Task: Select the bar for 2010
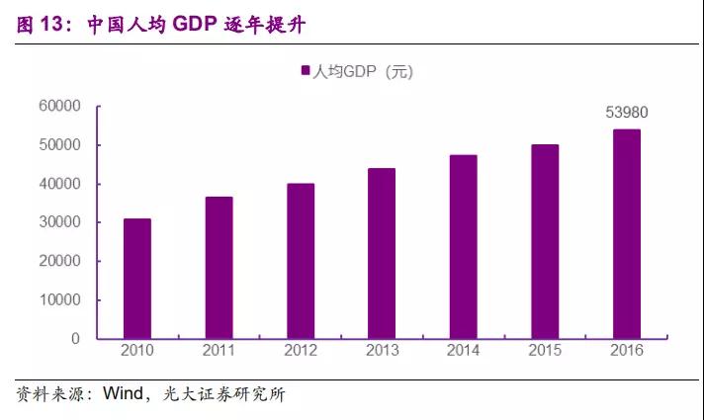click(x=137, y=279)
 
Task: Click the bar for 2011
click(x=220, y=268)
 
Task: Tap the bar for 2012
click(x=301, y=261)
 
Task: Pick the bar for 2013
click(x=382, y=254)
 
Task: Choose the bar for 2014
click(x=464, y=247)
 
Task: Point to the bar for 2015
click(x=545, y=242)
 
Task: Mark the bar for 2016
click(x=627, y=234)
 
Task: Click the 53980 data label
click(x=627, y=113)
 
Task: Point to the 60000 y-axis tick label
click(x=59, y=107)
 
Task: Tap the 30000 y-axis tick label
click(x=59, y=222)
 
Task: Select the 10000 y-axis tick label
click(x=59, y=300)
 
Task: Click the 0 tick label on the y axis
click(x=74, y=339)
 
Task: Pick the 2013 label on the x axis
click(x=382, y=351)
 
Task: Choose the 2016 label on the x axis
click(x=627, y=351)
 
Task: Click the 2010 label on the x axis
click(x=137, y=351)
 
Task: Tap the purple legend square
click(x=305, y=71)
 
